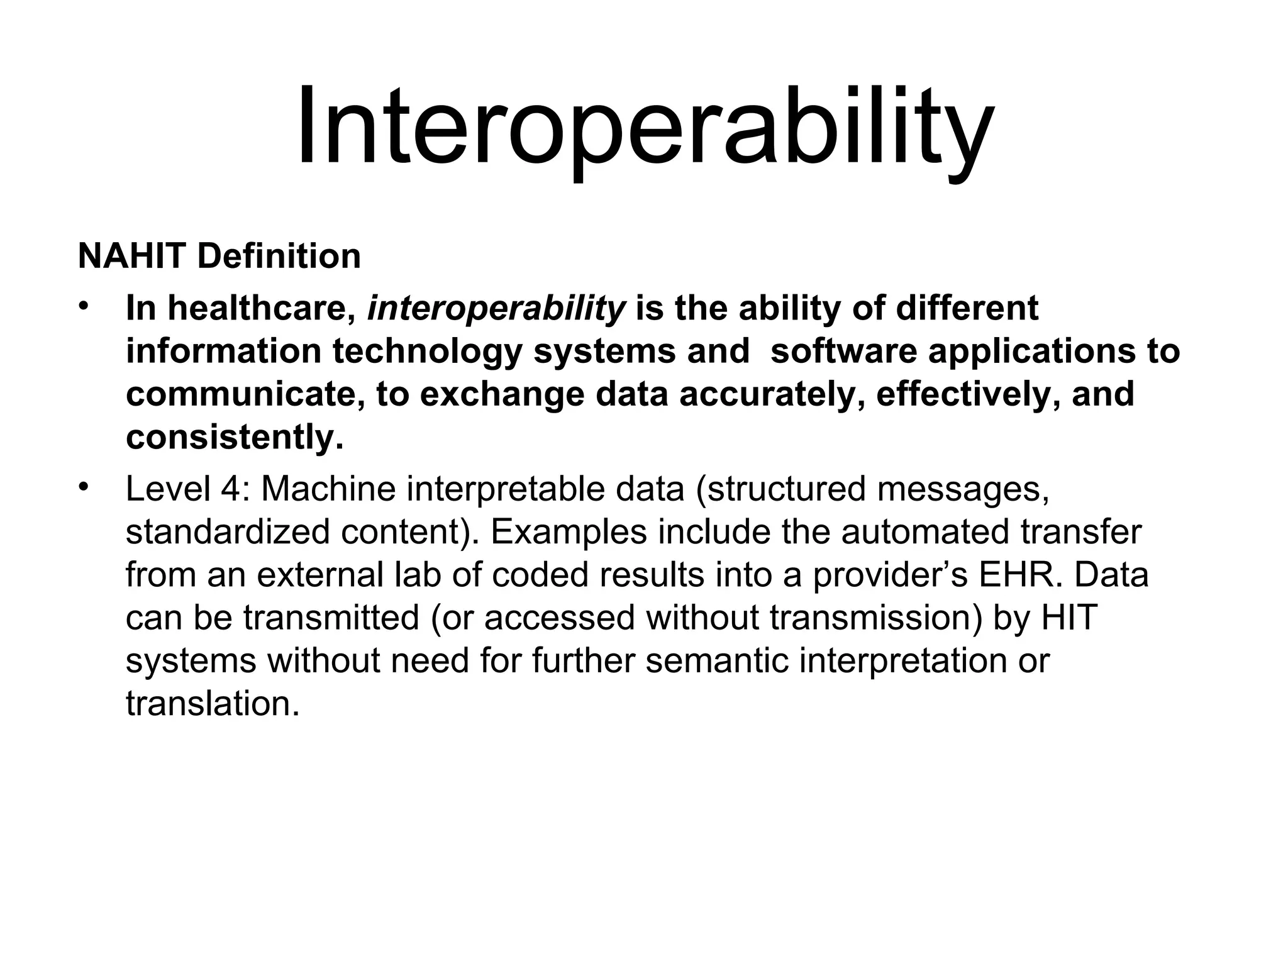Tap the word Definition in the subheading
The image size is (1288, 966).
click(279, 257)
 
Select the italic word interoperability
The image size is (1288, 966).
click(496, 309)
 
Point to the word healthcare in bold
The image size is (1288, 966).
click(261, 309)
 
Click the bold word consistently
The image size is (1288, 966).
click(235, 437)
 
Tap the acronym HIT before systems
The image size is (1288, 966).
click(1069, 618)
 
